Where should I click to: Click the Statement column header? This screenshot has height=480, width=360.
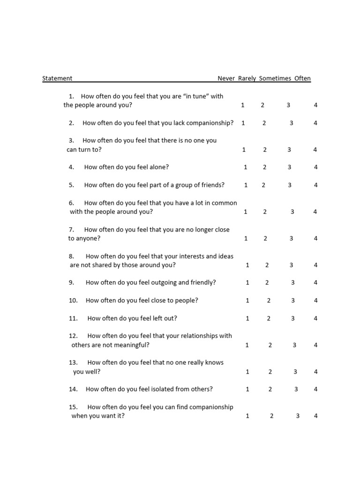coord(57,78)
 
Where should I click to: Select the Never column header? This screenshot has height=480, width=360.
coord(226,78)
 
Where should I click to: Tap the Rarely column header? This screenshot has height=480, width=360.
coord(247,78)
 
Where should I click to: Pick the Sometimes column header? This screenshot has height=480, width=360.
coord(275,78)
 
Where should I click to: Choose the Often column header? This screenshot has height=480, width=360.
coord(302,78)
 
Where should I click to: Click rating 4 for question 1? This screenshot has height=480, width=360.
coord(315,105)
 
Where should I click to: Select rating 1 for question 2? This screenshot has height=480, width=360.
coord(243,123)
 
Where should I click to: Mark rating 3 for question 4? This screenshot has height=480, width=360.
coord(290,167)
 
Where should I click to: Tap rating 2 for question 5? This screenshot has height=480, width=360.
coord(263,185)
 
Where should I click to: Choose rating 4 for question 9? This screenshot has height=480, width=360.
coord(316,283)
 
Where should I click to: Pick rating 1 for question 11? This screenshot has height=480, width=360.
coord(247,318)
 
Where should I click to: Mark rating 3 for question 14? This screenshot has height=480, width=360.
coord(296,389)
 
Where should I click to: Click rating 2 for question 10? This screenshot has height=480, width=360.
coord(269,300)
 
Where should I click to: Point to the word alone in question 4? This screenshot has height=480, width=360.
coord(160,167)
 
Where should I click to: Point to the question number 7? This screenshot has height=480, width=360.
coord(72,230)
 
